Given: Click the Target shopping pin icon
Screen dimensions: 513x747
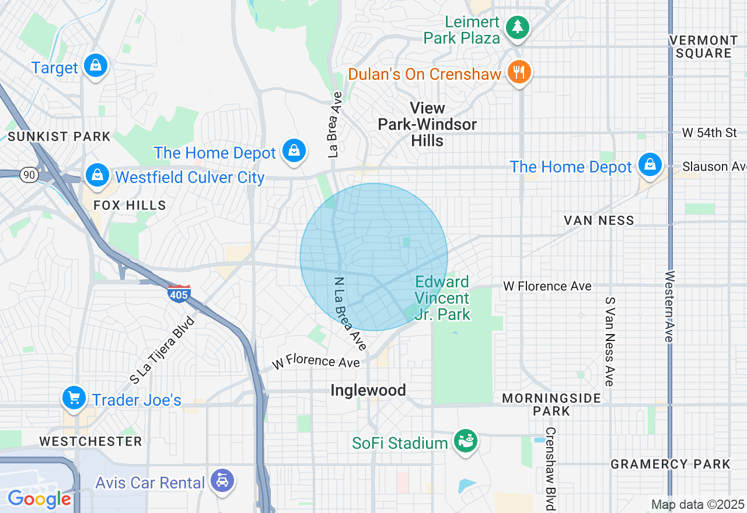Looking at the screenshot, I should pyautogui.click(x=95, y=65).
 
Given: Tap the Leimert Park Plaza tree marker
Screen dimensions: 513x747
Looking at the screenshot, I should pyautogui.click(x=517, y=27).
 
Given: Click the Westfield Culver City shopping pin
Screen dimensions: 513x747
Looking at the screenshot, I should pyautogui.click(x=97, y=174).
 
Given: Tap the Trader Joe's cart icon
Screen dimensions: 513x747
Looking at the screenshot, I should pyautogui.click(x=74, y=398).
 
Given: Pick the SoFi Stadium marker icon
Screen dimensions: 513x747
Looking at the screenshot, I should pyautogui.click(x=466, y=441).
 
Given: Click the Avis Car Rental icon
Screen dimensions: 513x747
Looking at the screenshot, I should pyautogui.click(x=222, y=481).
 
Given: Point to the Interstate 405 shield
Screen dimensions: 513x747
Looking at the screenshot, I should pyautogui.click(x=179, y=294).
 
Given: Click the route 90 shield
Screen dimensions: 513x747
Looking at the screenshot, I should pyautogui.click(x=27, y=174).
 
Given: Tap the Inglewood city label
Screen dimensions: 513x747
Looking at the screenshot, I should pyautogui.click(x=368, y=390).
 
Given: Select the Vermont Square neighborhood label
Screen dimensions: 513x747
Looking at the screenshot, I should pyautogui.click(x=704, y=47).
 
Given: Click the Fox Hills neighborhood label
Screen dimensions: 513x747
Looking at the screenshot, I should pyautogui.click(x=130, y=205).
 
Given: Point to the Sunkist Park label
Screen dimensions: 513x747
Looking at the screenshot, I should pyautogui.click(x=60, y=136).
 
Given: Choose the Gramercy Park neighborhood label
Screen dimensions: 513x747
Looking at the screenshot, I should pyautogui.click(x=670, y=464).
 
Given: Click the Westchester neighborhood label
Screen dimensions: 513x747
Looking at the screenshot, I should pyautogui.click(x=90, y=441).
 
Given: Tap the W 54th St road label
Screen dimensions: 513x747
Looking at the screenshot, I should pyautogui.click(x=709, y=133).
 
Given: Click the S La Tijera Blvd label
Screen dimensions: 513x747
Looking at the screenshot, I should pyautogui.click(x=162, y=350).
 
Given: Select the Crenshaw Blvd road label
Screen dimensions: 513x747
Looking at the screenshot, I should pyautogui.click(x=550, y=468).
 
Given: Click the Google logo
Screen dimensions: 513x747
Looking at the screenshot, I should pyautogui.click(x=39, y=499).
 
